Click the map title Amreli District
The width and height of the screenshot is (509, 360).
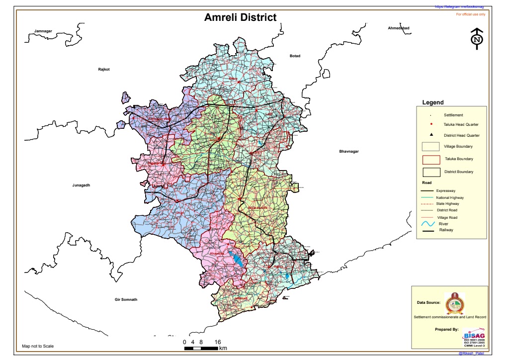coord(240,17)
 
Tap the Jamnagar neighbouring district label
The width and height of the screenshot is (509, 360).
coord(43,31)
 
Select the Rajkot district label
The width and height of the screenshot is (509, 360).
coord(103,69)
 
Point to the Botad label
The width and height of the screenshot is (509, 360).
coord(295,56)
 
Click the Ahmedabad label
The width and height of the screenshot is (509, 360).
coord(398,28)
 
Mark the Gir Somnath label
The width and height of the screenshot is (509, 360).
coord(126,299)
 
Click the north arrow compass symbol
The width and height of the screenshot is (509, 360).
coord(477,39)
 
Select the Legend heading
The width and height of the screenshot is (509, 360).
coord(432,102)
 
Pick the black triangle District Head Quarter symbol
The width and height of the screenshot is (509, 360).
coord(431,135)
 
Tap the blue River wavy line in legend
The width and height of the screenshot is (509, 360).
coord(428,225)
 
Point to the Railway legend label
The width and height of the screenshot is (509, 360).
coord(446,230)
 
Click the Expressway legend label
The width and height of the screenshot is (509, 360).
coord(446,190)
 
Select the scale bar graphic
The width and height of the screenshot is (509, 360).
coord(201,348)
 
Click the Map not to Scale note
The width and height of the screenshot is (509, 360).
coord(38,346)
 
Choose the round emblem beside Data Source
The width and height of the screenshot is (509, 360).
coord(453,302)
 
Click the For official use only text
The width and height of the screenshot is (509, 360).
coord(470,14)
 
